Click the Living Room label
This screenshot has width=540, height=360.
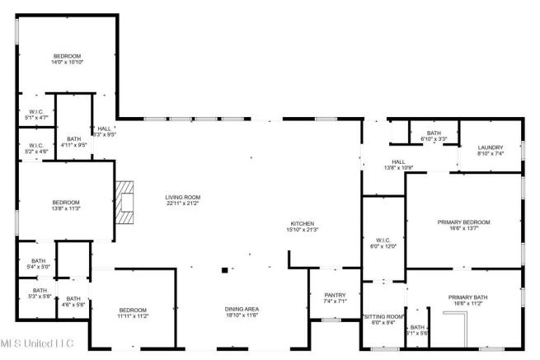click(182, 201)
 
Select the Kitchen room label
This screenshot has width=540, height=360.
click(303, 227)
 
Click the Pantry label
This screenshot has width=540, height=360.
click(335, 297)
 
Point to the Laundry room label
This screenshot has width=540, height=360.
click(490, 150)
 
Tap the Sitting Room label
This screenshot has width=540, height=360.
click(384, 319)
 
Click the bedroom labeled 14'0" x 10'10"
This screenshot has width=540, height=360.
click(68, 58)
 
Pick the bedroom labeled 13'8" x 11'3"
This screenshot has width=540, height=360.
click(66, 205)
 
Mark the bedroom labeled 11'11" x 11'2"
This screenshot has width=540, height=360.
click(132, 312)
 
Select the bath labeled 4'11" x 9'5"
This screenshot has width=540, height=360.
click(74, 142)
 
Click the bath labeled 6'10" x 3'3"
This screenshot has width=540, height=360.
click(434, 136)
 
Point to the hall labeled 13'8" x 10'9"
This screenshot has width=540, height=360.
click(398, 165)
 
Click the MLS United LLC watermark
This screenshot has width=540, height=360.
click(37, 342)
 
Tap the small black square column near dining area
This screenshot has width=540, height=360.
click(223, 269)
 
